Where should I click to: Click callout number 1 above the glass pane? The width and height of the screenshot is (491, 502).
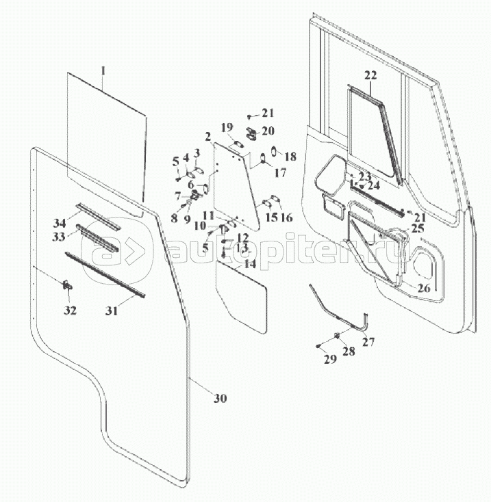pos(103,70)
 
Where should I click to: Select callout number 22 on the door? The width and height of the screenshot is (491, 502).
pos(370,75)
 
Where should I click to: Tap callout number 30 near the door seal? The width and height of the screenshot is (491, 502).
pos(221,398)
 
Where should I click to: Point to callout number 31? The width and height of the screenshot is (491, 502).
pos(112,311)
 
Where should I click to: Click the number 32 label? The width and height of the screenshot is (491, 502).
pos(70,311)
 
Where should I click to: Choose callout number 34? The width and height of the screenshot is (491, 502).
pos(60,222)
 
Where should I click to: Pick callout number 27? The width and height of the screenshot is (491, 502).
pos(368,342)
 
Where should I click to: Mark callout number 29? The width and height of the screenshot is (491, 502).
pos(330,359)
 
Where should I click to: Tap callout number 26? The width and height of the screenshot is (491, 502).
pos(424,288)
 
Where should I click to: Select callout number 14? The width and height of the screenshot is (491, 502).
pos(251,264)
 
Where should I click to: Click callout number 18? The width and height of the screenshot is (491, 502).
pos(290,157)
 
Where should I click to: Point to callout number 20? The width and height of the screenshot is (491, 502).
pos(268,131)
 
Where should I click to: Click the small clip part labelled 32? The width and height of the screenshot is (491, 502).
pos(68,285)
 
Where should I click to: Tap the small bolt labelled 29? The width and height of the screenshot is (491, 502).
pos(318,346)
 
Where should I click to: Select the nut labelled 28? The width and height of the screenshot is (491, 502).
pos(337,335)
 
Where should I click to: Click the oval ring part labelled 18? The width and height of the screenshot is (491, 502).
pos(274,150)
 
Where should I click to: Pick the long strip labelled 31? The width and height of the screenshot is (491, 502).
pos(105,275)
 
